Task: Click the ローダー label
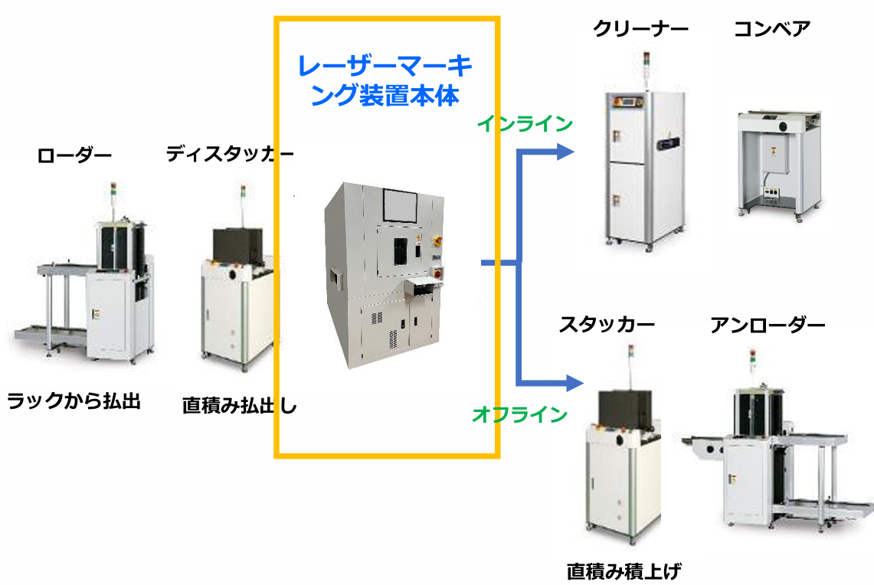[74, 156]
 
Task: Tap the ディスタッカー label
[229, 155]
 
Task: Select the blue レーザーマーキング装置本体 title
[385, 80]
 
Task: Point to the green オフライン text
[519, 415]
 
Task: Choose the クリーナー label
[640, 29]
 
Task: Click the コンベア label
[771, 29]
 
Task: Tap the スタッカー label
[607, 325]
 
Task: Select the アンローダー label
[768, 325]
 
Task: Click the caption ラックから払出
[74, 400]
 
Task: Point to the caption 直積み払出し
[239, 405]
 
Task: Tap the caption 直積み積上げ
[624, 570]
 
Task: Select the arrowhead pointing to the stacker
[574, 381]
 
